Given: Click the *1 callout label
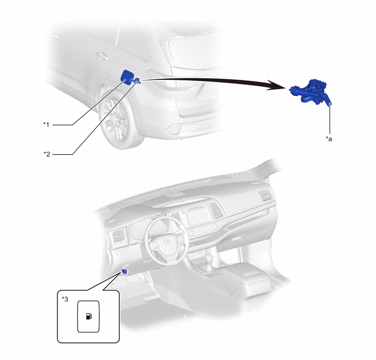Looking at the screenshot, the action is point(46,124).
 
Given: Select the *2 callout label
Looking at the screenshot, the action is point(47,154).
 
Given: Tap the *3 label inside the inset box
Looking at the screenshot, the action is point(65,299).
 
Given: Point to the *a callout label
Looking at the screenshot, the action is point(329,139).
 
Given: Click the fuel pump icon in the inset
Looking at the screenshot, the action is point(89,316).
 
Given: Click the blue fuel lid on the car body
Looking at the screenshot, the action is point(127,77).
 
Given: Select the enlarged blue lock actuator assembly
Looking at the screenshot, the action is point(310,92).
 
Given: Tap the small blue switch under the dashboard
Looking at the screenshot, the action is point(125,271).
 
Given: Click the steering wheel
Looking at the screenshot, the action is point(166,241).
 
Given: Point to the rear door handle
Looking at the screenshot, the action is point(102,56).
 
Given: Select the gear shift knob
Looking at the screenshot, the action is point(209,259).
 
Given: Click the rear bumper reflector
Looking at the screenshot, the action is point(174,130).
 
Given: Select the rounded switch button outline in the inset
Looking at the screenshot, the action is point(88,317).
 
